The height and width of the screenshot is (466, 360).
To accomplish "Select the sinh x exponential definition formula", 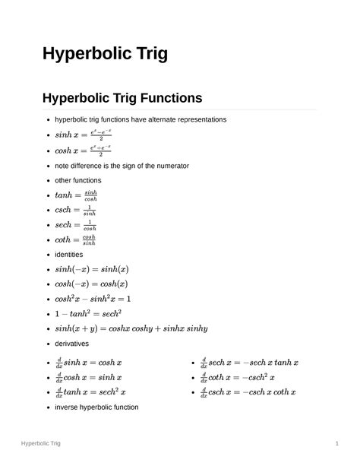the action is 84,135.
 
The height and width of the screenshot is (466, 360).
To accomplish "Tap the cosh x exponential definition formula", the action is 84,150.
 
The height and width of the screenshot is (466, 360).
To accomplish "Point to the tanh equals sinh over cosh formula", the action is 76,195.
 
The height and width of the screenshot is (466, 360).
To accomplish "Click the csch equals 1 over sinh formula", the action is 74,210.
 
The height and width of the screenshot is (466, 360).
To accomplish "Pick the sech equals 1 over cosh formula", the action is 74,225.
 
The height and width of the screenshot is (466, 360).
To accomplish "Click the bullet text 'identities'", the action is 68,254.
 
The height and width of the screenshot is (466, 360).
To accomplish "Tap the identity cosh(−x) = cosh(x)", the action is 92,284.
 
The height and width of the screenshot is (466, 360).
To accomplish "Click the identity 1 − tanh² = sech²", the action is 89,313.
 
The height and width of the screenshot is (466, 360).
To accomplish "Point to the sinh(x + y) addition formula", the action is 131,328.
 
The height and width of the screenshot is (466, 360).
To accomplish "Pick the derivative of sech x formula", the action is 249,363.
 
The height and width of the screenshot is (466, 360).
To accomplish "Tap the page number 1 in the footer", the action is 336,442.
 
